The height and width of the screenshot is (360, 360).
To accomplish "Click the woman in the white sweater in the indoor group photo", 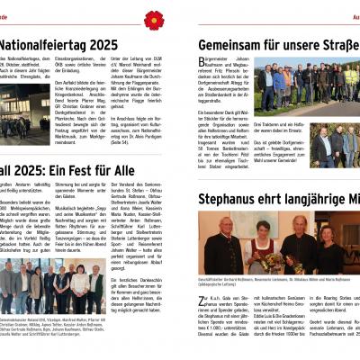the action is (x=81, y=284).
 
